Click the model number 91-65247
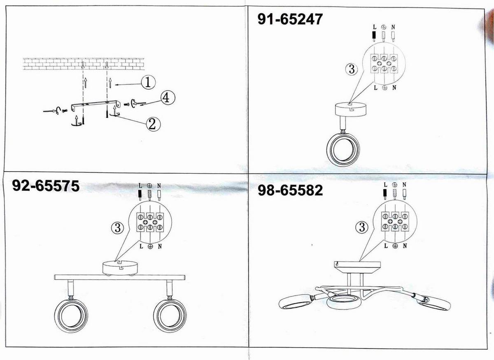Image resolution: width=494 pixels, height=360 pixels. coord(290,19)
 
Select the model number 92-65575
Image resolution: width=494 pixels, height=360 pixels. coord(46,186)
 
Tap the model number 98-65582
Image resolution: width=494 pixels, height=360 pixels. coord(290,190)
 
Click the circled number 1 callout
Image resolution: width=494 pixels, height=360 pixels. coord(148,83)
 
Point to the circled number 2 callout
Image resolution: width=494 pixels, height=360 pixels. coord(153,124)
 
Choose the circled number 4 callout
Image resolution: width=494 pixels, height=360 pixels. coord(168,98)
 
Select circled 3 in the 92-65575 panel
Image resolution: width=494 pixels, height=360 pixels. coord(118,228)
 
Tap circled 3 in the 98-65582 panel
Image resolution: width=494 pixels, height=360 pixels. coord(362,227)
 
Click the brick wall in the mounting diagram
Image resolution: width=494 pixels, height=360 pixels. coord(84,64)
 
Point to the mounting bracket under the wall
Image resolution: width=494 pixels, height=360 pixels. coord(96,105)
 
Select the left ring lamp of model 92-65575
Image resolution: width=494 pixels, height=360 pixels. coord(71,316)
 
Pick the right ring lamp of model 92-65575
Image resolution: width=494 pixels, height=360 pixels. coord(170,316)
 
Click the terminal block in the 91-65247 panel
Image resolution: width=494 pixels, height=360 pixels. coord(384,64)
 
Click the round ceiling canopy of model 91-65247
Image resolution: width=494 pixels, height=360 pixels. coord(351,109)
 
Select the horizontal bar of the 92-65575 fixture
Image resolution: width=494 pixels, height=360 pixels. coord(120,277)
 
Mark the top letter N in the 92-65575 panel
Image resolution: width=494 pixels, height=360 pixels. coord(159,186)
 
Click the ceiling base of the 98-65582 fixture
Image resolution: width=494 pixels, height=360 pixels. coord(357,267)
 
